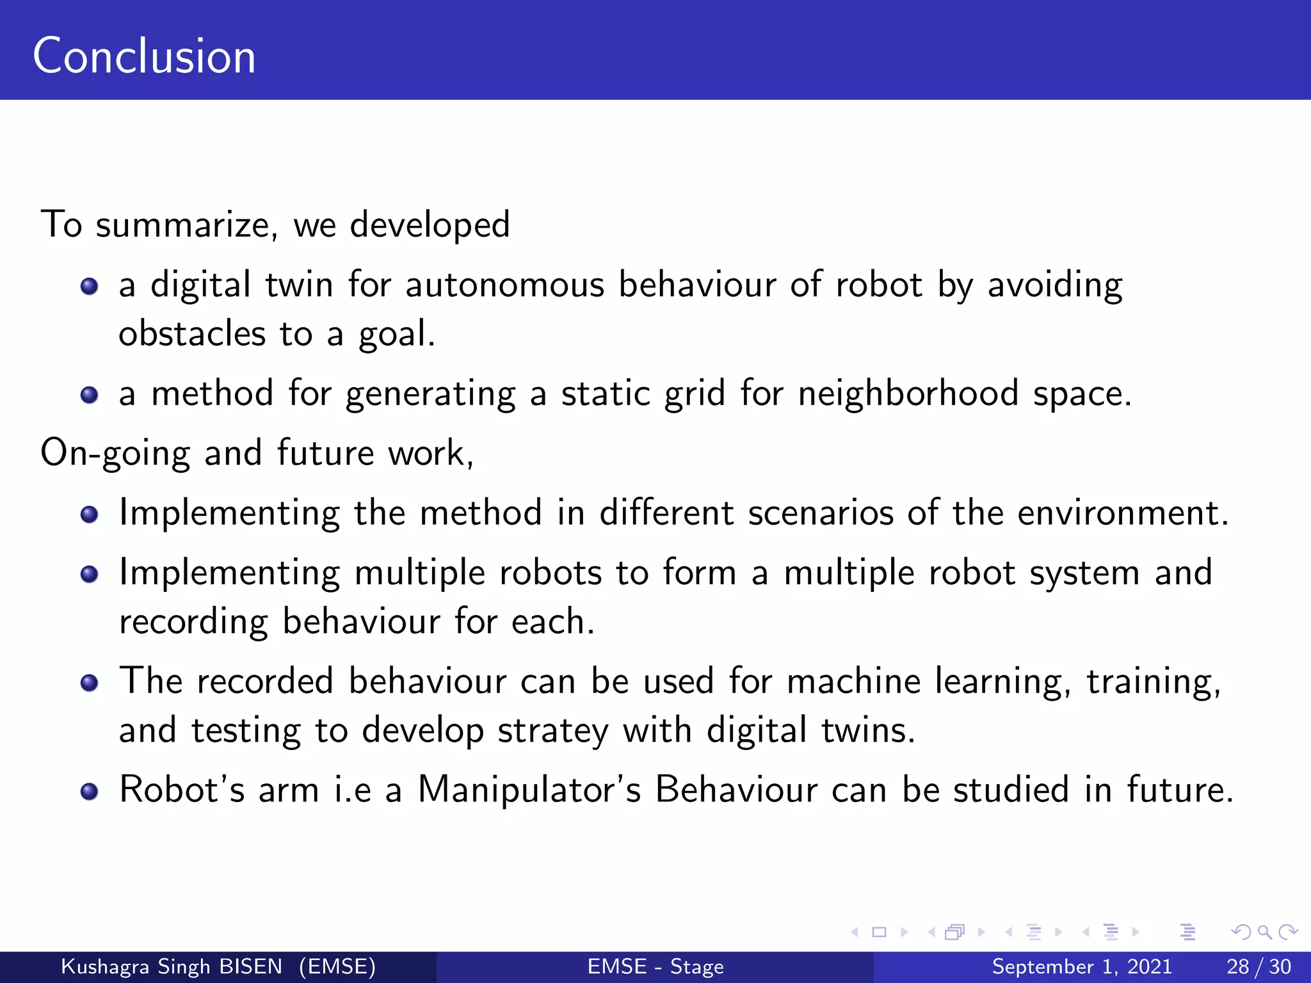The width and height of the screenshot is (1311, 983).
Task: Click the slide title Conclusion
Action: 144,56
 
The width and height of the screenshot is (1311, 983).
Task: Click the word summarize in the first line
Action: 186,225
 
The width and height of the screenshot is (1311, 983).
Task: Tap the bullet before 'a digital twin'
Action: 90,286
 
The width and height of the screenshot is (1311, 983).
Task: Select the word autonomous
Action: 504,285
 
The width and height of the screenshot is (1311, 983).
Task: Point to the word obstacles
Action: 192,334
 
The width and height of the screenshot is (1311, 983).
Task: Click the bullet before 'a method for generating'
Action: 90,395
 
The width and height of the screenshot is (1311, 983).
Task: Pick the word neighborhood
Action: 908,393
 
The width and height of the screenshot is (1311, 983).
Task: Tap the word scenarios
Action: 821,513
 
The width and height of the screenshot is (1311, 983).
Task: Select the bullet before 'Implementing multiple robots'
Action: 90,574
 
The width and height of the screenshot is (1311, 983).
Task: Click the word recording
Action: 193,622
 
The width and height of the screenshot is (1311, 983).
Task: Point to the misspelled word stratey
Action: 552,731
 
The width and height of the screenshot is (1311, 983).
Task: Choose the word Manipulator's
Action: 529,789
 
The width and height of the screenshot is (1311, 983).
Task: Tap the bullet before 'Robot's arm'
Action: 90,792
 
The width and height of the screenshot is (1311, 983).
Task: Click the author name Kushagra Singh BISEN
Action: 172,966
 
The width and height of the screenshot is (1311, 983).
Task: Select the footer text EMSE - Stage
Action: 655,966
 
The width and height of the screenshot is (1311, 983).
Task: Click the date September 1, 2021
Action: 1082,966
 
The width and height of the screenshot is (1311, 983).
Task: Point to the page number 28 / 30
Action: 1259,966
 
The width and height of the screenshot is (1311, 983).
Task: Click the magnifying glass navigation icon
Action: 1264,932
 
